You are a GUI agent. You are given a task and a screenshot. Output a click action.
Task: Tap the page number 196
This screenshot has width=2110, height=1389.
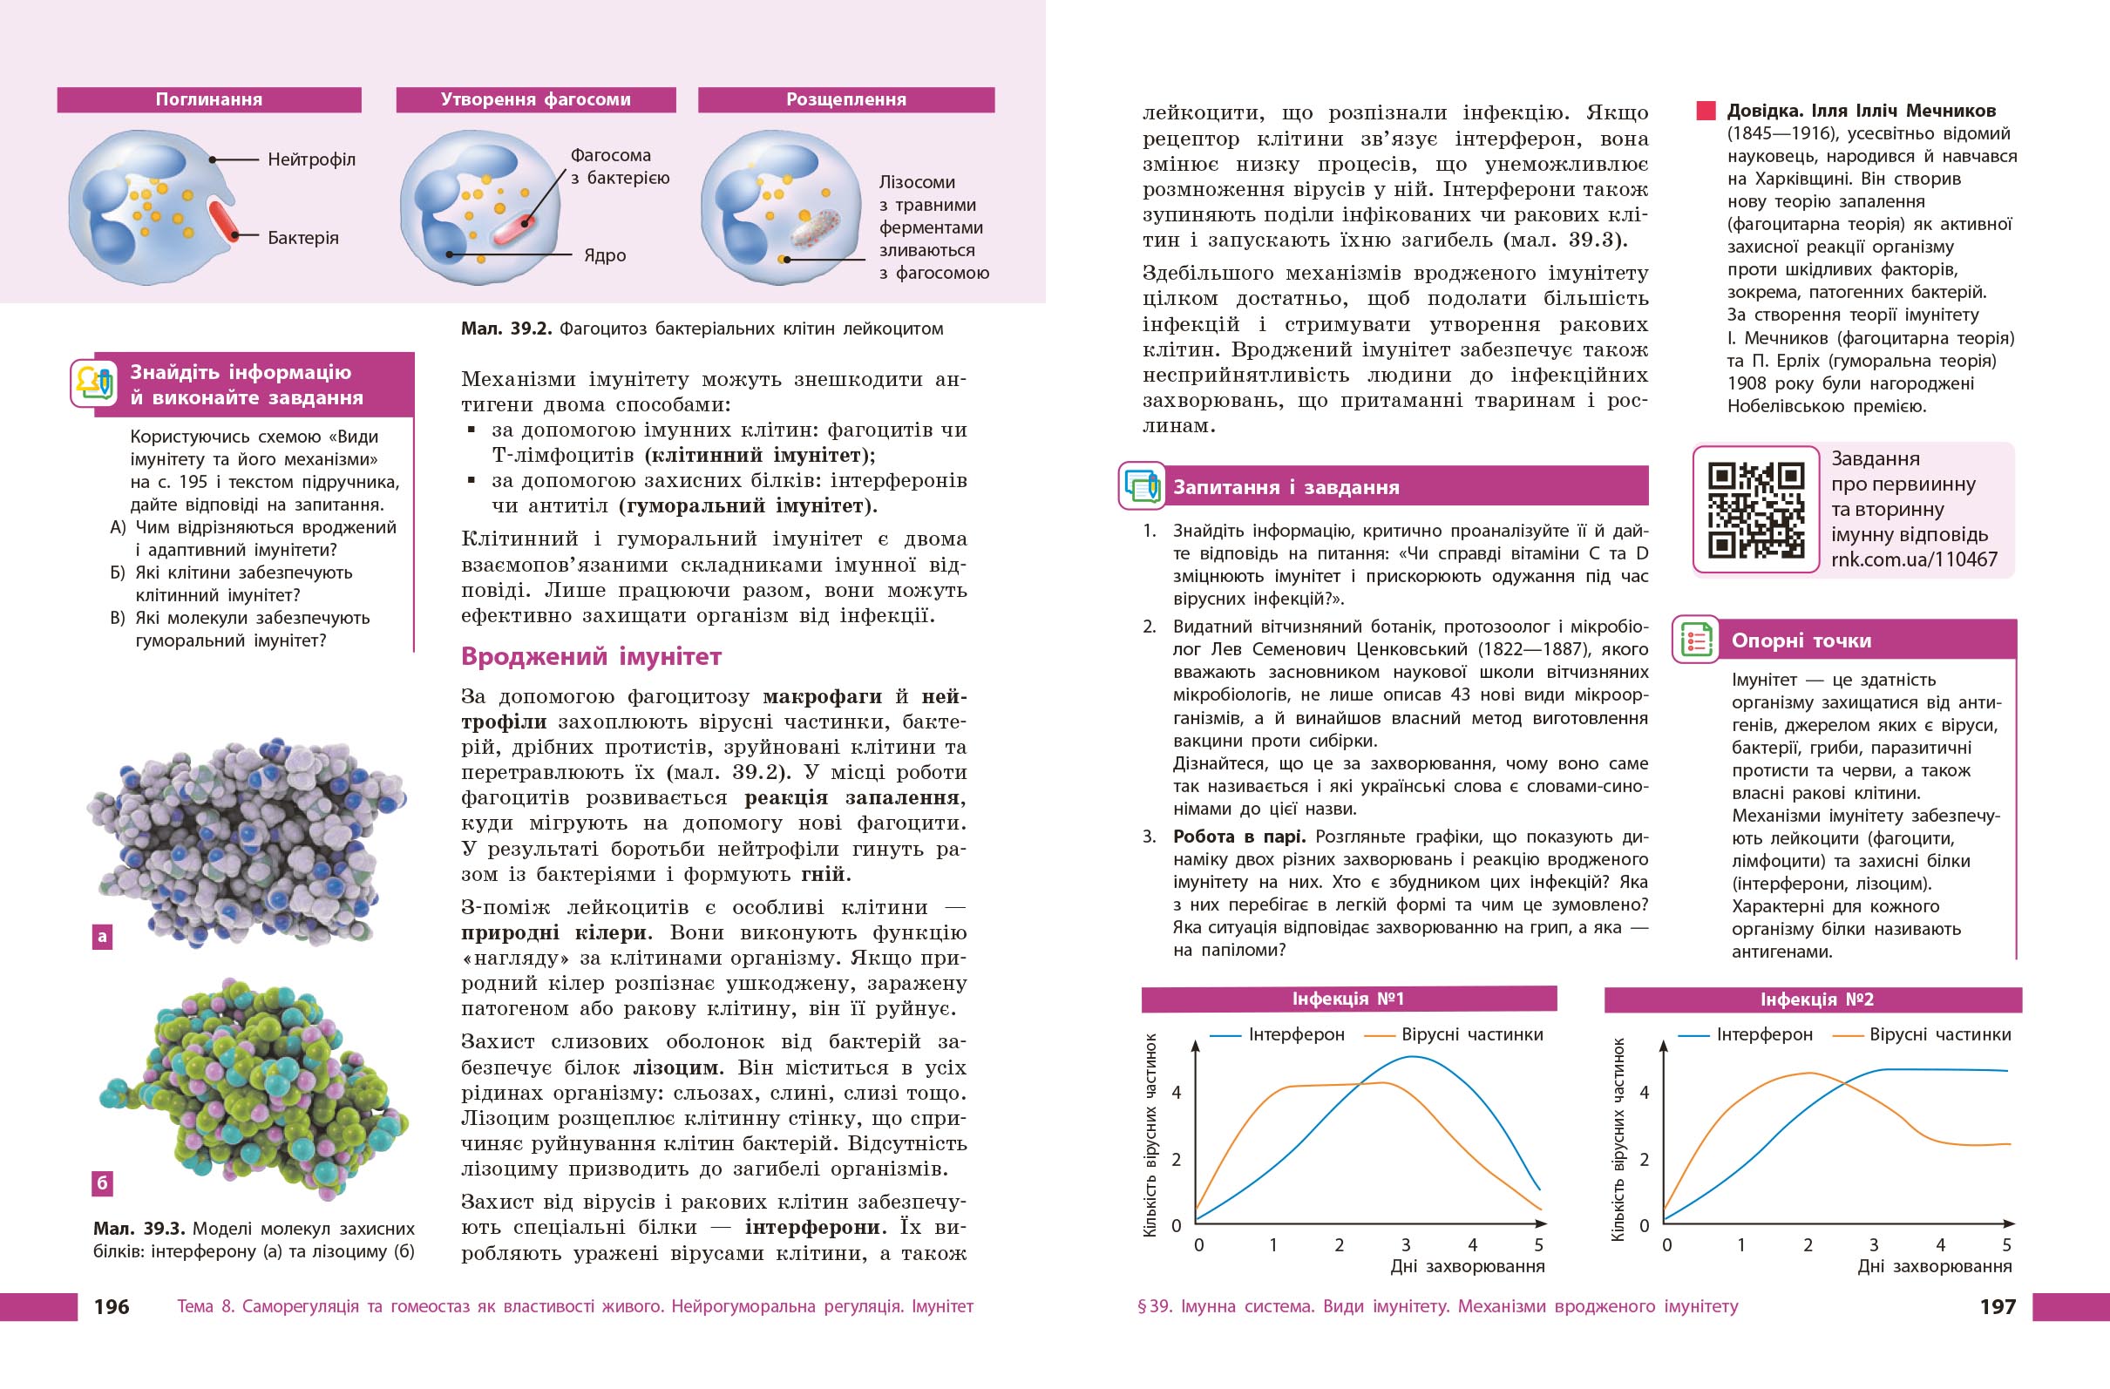112,1306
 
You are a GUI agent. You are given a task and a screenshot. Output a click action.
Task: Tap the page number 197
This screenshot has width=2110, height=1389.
1998,1306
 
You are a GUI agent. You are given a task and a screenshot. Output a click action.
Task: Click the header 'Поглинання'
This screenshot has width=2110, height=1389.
209,99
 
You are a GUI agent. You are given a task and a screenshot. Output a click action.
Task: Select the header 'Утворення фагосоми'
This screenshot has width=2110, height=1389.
535,99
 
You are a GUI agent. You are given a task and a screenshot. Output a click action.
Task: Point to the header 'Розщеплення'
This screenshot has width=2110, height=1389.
845,99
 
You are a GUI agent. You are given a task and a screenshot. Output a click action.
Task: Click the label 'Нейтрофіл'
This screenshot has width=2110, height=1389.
311,159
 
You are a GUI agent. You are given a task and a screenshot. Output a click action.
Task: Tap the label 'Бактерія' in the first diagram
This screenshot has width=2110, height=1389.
303,238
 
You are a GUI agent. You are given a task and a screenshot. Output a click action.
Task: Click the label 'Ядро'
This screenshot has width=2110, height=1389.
605,255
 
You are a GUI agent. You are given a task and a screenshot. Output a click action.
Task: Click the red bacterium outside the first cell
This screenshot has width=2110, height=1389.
222,220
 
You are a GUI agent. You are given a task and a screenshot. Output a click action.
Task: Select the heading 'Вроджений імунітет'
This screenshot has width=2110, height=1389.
591,657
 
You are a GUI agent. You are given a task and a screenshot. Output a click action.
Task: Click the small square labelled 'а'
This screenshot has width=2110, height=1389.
103,936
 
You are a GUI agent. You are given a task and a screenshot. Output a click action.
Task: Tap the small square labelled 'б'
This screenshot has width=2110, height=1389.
103,1182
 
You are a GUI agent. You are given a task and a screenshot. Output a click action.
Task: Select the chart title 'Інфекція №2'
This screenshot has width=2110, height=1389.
1816,999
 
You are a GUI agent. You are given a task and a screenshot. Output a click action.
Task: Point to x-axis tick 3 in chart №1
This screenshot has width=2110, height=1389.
1406,1245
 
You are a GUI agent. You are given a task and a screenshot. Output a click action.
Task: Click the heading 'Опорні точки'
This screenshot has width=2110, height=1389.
1801,640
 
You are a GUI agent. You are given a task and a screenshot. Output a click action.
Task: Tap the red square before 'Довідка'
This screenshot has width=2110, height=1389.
1706,111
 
